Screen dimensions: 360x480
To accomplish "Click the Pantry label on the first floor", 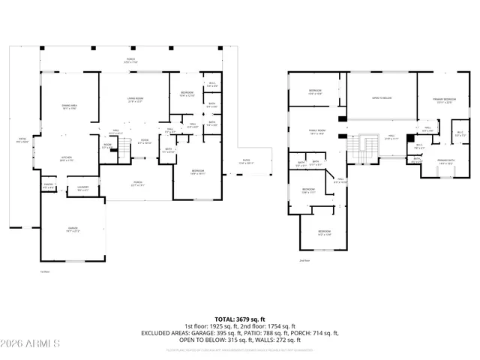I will click(x=48, y=184).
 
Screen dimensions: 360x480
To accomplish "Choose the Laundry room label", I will click(x=83, y=188).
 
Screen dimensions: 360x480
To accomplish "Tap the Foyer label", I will click(x=145, y=141).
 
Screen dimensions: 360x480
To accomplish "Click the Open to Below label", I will click(x=382, y=98).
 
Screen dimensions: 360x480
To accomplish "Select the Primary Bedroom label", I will click(x=445, y=100).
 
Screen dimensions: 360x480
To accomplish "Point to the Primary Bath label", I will click(x=447, y=160).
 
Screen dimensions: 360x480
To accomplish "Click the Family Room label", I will click(x=316, y=131).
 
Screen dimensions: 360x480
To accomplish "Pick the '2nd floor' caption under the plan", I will click(x=304, y=261).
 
